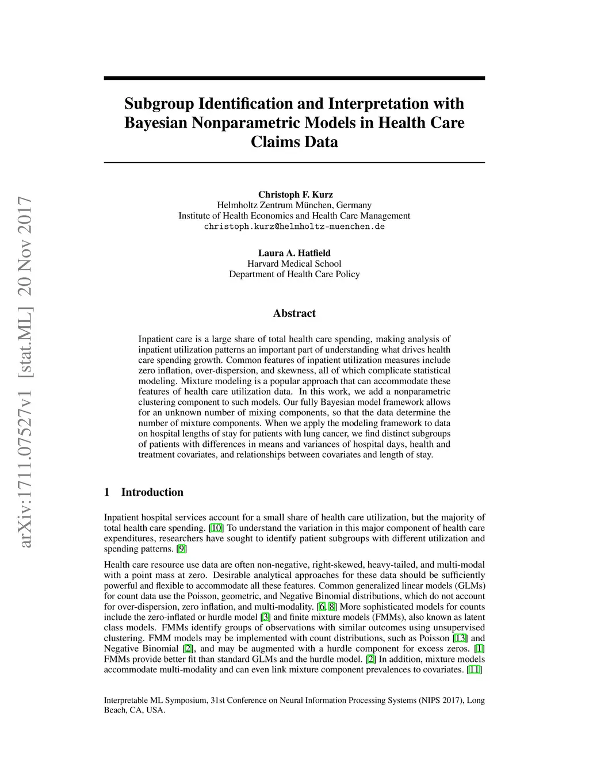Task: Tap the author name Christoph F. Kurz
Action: pyautogui.click(x=295, y=194)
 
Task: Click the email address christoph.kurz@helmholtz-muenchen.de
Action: pyautogui.click(x=294, y=227)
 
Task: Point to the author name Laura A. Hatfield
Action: pyautogui.click(x=294, y=253)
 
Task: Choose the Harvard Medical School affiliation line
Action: pyautogui.click(x=294, y=263)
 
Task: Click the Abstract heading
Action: pyautogui.click(x=294, y=313)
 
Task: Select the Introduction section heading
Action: pyautogui.click(x=152, y=492)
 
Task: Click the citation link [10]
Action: pyautogui.click(x=216, y=528)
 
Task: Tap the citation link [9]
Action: pyautogui.click(x=181, y=549)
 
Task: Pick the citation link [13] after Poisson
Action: pyautogui.click(x=461, y=638)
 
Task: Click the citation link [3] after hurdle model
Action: pyautogui.click(x=266, y=617)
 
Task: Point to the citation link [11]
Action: pyautogui.click(x=475, y=669)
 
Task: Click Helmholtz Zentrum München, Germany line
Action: pyautogui.click(x=294, y=205)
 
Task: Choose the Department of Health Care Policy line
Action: pyautogui.click(x=294, y=274)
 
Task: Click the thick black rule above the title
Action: pyautogui.click(x=294, y=78)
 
